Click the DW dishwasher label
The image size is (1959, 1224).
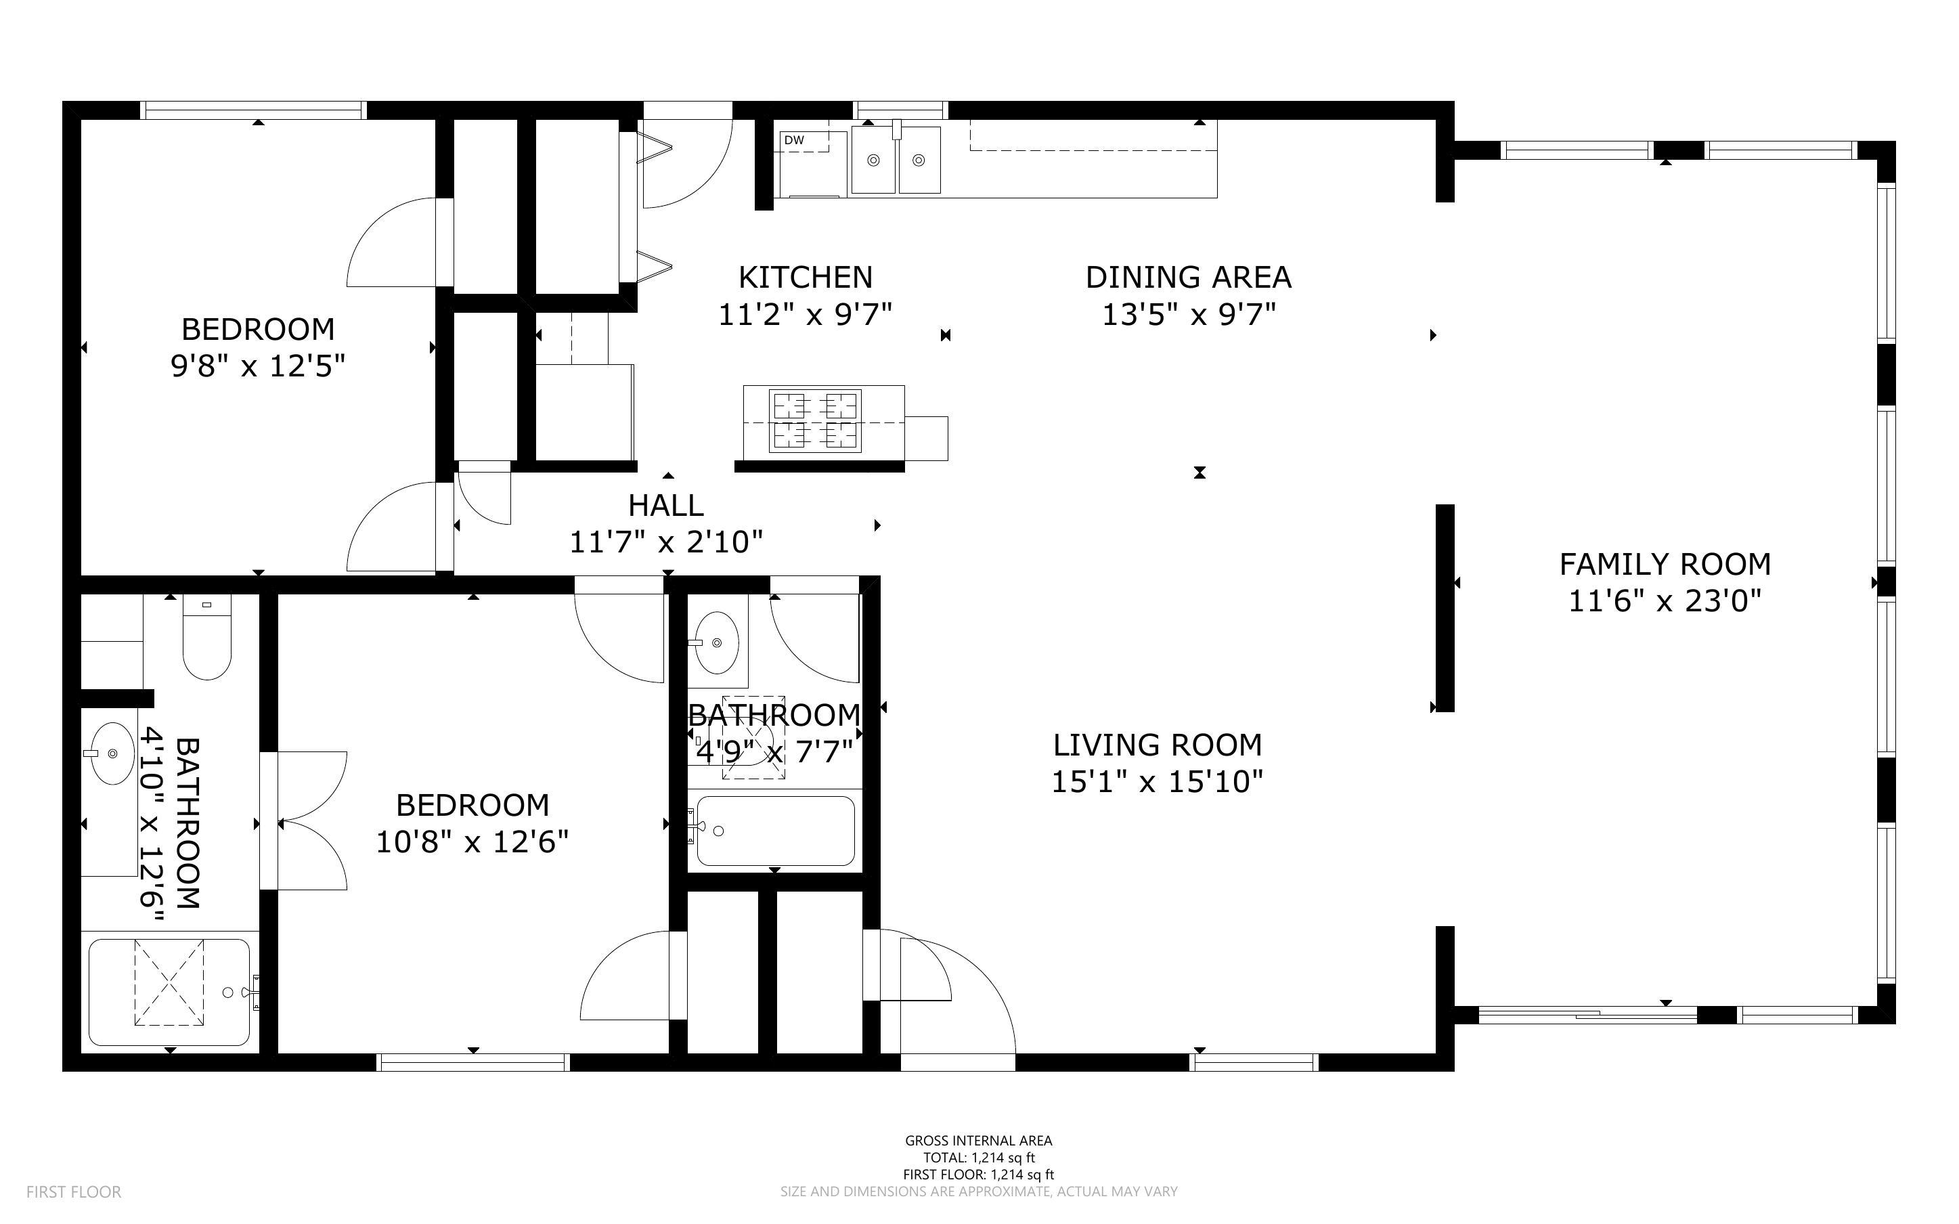click(x=794, y=140)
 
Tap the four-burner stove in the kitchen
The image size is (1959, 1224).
click(x=814, y=420)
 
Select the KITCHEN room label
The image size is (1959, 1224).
click(x=805, y=278)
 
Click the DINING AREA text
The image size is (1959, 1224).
click(x=1188, y=278)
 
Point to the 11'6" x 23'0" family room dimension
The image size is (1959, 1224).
click(x=1665, y=601)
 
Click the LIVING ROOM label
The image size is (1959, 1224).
click(x=1157, y=745)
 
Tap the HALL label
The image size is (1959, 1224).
click(x=666, y=505)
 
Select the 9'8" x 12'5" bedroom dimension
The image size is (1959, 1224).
click(x=257, y=366)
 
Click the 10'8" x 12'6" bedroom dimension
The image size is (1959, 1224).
click(x=472, y=842)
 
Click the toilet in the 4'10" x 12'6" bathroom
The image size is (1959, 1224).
click(x=207, y=640)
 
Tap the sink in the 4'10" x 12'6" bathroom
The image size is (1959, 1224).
click(x=112, y=753)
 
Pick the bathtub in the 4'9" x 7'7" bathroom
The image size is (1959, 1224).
click(x=775, y=831)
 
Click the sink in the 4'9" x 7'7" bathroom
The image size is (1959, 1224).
click(x=717, y=642)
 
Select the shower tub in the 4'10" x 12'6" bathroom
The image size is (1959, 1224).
click(x=169, y=992)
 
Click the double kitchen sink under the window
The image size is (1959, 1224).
click(x=896, y=160)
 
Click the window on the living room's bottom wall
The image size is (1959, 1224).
click(x=1255, y=1062)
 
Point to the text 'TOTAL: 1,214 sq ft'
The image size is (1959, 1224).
click(x=978, y=1158)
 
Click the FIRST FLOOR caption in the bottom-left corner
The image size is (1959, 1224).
click(x=74, y=1192)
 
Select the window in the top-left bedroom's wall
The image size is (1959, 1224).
click(x=253, y=110)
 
